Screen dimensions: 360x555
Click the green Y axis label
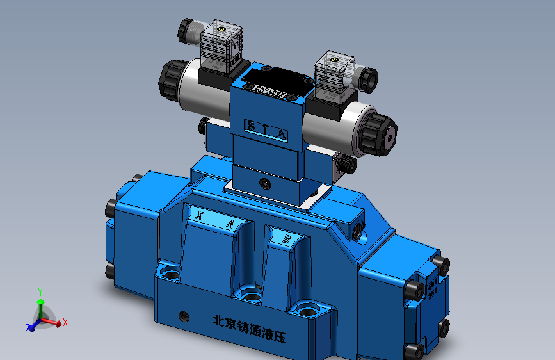[40, 291]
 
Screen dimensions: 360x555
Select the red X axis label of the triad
[65, 322]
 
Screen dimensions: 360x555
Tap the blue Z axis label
[28, 329]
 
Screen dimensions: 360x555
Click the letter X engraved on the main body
[200, 216]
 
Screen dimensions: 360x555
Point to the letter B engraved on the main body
[287, 239]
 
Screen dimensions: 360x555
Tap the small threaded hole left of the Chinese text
[185, 315]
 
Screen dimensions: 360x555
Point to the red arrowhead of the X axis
[59, 324]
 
